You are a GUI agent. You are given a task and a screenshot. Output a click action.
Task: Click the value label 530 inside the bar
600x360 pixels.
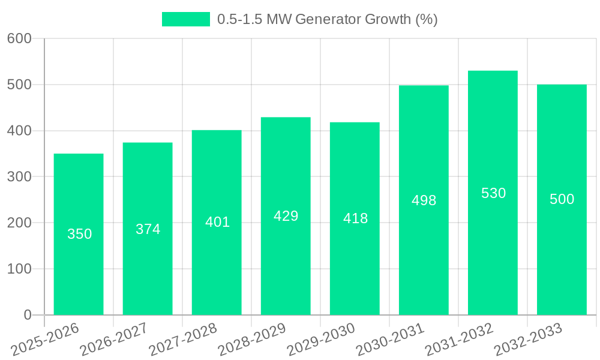coord(494,193)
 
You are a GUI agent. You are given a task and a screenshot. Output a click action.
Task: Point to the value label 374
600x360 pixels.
coord(148,229)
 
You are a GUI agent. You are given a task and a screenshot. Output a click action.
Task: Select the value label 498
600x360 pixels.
coord(424,200)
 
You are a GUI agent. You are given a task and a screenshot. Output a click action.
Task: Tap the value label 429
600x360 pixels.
coord(286,216)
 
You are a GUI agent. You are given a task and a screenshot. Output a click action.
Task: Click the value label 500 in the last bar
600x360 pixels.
coord(562,199)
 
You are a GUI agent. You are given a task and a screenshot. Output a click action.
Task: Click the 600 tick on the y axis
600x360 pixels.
coord(19,38)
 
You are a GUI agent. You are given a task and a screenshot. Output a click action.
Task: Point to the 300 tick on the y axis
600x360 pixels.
coord(19,176)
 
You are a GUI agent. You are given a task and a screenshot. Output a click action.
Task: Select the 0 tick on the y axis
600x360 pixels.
coord(28,315)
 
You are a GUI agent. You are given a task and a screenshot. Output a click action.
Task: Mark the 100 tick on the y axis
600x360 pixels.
coord(19,269)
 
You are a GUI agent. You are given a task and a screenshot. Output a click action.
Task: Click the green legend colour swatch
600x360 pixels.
coord(186,19)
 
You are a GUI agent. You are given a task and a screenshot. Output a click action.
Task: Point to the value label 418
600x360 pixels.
coord(355,218)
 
